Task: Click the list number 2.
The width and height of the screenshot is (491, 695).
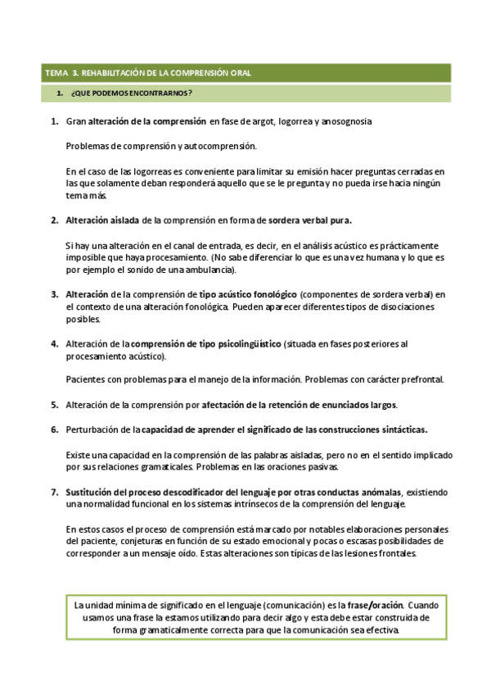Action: [x=53, y=220]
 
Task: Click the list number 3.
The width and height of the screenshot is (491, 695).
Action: [x=53, y=294]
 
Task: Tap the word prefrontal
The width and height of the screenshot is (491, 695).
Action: [x=419, y=379]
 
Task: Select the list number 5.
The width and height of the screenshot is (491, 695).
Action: [x=53, y=405]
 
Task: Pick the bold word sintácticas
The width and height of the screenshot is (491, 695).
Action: [x=390, y=429]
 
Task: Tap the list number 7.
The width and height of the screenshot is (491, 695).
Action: [x=53, y=492]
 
